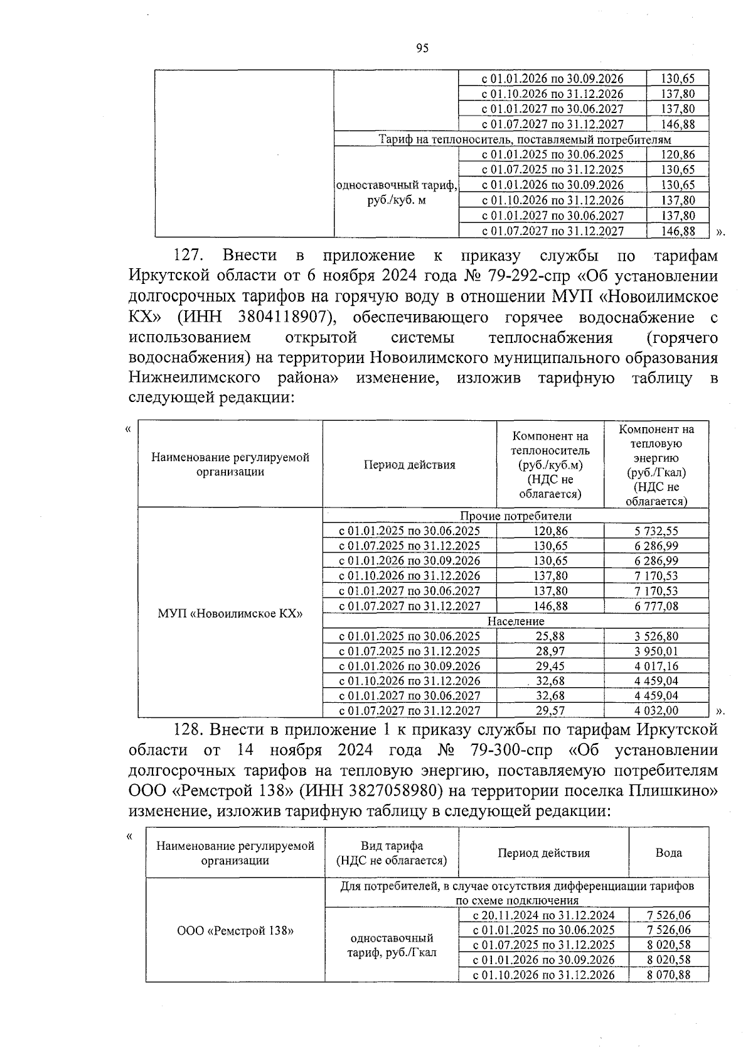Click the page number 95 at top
pyautogui.click(x=422, y=48)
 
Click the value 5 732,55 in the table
pyautogui.click(x=656, y=531)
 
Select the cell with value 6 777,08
pyautogui.click(x=656, y=606)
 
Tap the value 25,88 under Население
pyautogui.click(x=550, y=636)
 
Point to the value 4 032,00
pyautogui.click(x=656, y=711)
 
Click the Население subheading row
pyautogui.click(x=516, y=621)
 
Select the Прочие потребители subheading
pyautogui.click(x=516, y=516)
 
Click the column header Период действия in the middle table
pyautogui.click(x=409, y=465)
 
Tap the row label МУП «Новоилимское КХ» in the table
pyautogui.click(x=230, y=613)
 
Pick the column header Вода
pyautogui.click(x=668, y=853)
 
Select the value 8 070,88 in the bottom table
pyautogui.click(x=668, y=975)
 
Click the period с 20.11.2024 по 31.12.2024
pyautogui.click(x=543, y=915)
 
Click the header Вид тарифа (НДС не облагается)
pyautogui.click(x=392, y=853)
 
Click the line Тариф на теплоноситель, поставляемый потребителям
pyautogui.click(x=525, y=139)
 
